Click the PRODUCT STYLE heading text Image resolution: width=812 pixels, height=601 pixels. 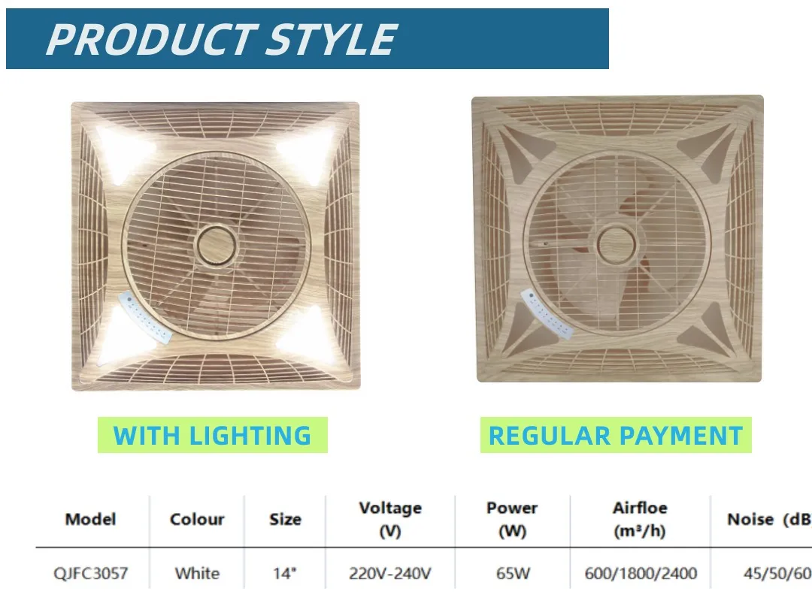click(221, 39)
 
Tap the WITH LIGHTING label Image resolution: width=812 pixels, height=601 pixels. click(212, 436)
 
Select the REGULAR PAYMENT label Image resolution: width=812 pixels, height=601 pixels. click(616, 436)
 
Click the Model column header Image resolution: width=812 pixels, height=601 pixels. click(90, 519)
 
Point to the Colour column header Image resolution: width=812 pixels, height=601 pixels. click(197, 519)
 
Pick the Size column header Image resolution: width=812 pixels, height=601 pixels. click(285, 519)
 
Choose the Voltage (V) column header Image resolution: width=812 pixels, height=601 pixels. click(390, 519)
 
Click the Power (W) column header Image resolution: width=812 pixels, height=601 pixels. click(512, 519)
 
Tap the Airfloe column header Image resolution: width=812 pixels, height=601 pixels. click(640, 519)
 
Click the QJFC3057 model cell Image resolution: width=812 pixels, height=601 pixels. click(90, 574)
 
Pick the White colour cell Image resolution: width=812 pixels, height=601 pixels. click(197, 574)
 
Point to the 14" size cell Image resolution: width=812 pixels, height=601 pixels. click(285, 574)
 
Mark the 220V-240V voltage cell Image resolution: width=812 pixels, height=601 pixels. click(390, 574)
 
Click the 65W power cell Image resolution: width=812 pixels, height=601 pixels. click(512, 574)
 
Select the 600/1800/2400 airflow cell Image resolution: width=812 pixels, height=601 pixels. click(640, 574)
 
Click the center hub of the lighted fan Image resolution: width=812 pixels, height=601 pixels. click(220, 245)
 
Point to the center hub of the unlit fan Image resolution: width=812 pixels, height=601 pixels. click(617, 244)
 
